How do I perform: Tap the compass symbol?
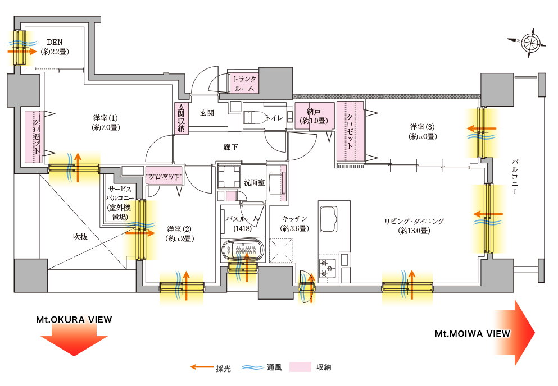point(530,42)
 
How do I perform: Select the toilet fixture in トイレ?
point(255,118)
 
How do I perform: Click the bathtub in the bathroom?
point(242,250)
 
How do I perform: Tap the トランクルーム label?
point(244,84)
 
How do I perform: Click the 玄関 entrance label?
point(207,113)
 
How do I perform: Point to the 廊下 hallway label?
point(231,147)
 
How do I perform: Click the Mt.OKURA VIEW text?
point(74,320)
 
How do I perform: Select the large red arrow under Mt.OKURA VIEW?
point(74,342)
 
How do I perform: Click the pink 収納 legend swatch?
point(300,367)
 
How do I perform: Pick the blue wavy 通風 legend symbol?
point(253,368)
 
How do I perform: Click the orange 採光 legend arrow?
point(201,367)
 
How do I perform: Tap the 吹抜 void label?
point(80,237)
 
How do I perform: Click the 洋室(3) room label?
point(422,131)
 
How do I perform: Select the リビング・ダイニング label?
point(414,226)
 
